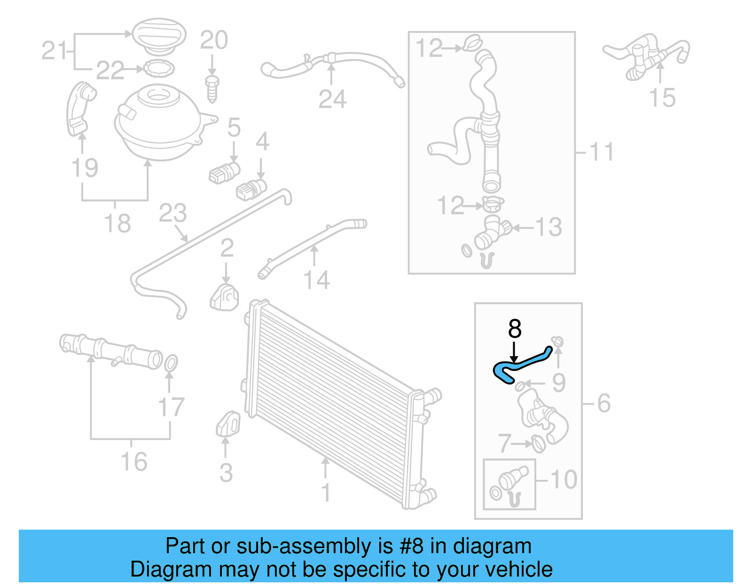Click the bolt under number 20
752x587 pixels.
click(212, 88)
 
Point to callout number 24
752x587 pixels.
click(332, 99)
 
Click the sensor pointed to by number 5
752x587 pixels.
click(225, 172)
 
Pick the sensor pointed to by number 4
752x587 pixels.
click(251, 189)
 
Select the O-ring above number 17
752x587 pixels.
click(171, 363)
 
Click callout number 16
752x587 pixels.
click(134, 462)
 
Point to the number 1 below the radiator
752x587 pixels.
click(326, 493)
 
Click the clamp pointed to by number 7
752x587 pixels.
click(539, 443)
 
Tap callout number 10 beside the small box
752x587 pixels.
click(564, 479)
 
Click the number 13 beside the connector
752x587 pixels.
click(548, 227)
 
